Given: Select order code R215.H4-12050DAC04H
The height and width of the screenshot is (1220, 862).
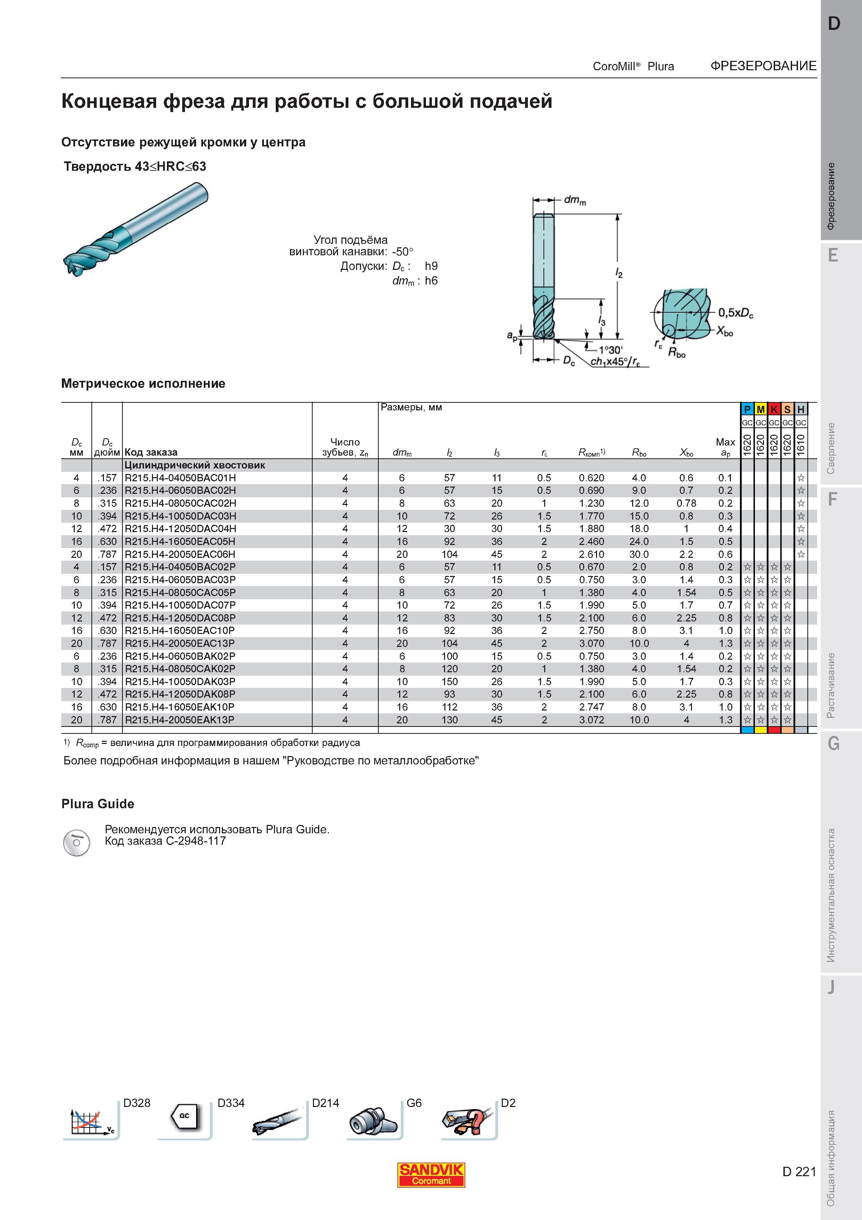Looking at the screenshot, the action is (x=180, y=529).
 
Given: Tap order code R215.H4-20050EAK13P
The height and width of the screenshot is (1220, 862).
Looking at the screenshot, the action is (x=179, y=720).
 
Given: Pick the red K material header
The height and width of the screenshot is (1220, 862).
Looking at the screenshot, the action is (x=774, y=409).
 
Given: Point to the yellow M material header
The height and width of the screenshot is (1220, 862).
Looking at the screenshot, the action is (x=760, y=409).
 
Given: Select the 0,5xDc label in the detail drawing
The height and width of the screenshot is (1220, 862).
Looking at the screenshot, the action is (x=735, y=313).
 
